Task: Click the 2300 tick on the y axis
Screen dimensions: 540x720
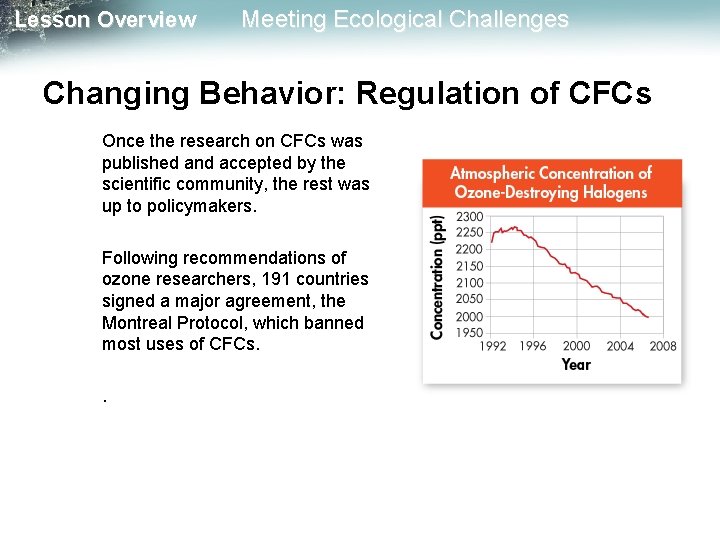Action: pyautogui.click(x=469, y=216)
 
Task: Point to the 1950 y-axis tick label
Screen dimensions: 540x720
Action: pyautogui.click(x=469, y=333)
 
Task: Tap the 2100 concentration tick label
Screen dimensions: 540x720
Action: pyautogui.click(x=469, y=283)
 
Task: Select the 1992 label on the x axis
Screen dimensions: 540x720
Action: pyautogui.click(x=492, y=346)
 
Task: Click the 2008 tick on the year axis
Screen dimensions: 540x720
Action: pyautogui.click(x=662, y=346)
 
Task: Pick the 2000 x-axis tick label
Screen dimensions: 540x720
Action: pyautogui.click(x=577, y=346)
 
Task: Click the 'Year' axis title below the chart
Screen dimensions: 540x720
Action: pyautogui.click(x=576, y=364)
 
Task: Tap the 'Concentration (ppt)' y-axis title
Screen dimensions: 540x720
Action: pyautogui.click(x=438, y=277)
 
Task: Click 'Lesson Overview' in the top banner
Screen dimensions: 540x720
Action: pyautogui.click(x=106, y=20)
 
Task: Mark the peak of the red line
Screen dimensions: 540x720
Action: pyautogui.click(x=513, y=227)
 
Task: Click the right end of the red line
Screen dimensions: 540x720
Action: pyautogui.click(x=648, y=317)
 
